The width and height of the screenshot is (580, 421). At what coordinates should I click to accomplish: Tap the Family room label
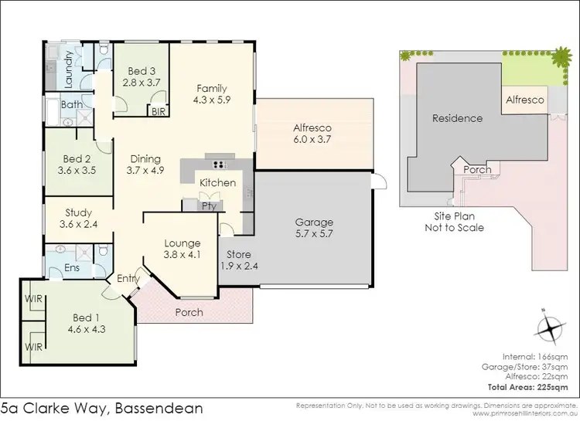[210, 87]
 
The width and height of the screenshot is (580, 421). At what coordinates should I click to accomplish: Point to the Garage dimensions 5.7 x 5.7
[313, 234]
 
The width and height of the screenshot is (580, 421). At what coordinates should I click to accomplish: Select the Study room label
[78, 212]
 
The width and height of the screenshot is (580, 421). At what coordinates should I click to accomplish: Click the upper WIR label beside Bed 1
[32, 299]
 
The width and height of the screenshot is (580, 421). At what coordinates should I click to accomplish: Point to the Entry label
[127, 279]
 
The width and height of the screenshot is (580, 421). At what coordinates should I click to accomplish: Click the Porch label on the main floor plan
[189, 313]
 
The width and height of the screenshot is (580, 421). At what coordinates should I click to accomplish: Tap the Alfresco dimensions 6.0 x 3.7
[312, 140]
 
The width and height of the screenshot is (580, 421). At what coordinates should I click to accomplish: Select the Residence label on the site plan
[457, 118]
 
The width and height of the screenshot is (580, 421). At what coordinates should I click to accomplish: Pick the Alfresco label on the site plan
[525, 100]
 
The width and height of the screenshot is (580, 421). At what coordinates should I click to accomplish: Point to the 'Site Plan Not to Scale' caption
[454, 222]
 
